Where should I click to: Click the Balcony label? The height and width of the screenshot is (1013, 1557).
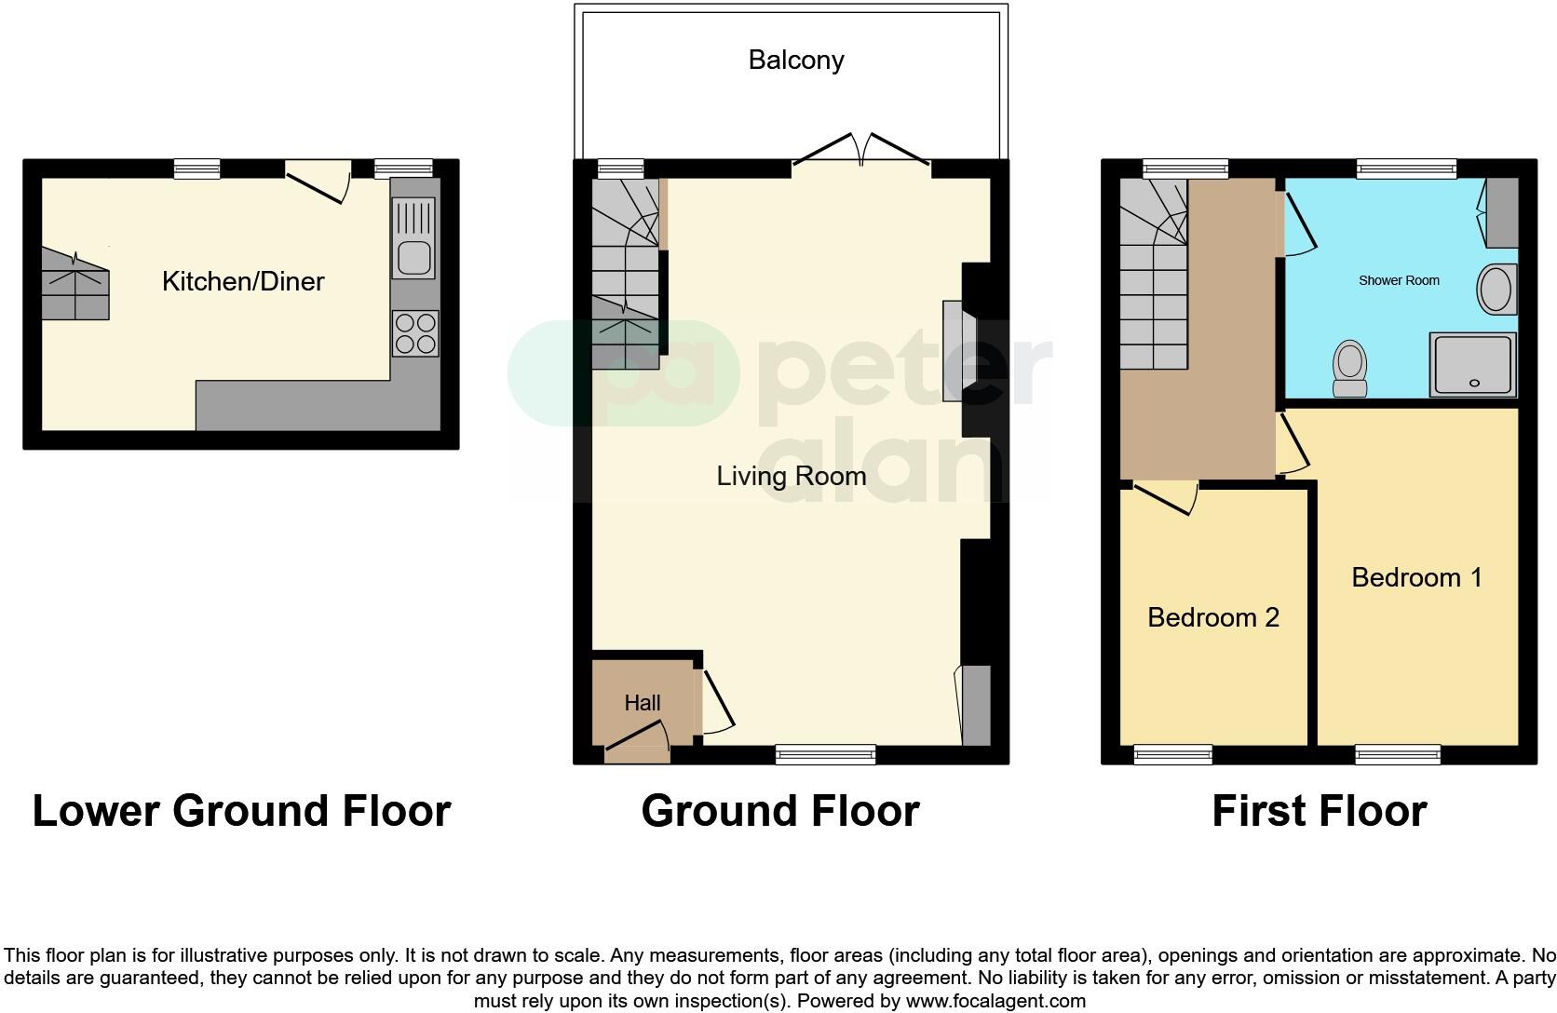[x=796, y=61]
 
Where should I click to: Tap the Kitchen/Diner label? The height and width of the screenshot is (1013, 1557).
[x=243, y=281]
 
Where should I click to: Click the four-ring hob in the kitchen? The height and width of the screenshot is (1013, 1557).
[x=415, y=333]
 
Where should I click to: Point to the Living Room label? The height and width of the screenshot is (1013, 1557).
[x=791, y=477]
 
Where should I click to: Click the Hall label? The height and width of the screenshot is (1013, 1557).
[x=643, y=703]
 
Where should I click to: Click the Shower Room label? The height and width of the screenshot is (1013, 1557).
[x=1399, y=280]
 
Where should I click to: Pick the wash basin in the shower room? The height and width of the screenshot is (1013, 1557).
[x=1496, y=289]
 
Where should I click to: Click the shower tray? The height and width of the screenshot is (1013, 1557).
[x=1473, y=365]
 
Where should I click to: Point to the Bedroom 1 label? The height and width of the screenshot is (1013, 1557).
[x=1416, y=578]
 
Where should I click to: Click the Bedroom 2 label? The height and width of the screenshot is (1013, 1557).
[x=1212, y=617]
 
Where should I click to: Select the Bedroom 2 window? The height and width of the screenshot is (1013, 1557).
[x=1172, y=753]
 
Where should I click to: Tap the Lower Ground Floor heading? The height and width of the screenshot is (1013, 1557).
[x=241, y=811]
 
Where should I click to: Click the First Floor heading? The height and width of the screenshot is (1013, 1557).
[x=1319, y=811]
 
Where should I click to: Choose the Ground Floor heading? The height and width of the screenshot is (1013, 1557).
[x=780, y=811]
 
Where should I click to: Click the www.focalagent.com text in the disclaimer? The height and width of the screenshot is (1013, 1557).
[x=995, y=1002]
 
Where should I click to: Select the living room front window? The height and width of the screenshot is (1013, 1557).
[x=826, y=753]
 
